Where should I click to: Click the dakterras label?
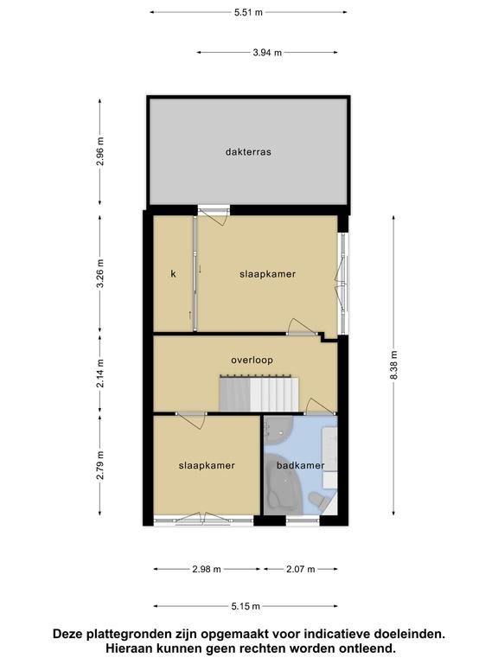click(x=248, y=151)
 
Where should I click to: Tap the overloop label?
click(x=252, y=360)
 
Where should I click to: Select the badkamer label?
click(x=300, y=465)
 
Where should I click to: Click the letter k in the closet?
click(x=173, y=273)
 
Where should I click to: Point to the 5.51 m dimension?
click(x=249, y=12)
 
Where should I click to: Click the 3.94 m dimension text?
click(x=267, y=53)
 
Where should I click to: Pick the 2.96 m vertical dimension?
click(x=100, y=151)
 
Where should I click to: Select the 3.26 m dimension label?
click(x=100, y=273)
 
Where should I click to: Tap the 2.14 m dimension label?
click(x=100, y=373)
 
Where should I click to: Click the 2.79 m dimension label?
click(x=100, y=465)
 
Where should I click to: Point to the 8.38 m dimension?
click(x=394, y=365)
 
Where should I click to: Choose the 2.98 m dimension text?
click(x=207, y=569)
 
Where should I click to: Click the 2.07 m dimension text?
click(x=301, y=569)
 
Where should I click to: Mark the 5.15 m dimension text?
click(x=246, y=606)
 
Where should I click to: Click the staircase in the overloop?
click(x=259, y=393)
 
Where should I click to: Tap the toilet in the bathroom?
click(x=318, y=500)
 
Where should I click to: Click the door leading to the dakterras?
click(x=214, y=214)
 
